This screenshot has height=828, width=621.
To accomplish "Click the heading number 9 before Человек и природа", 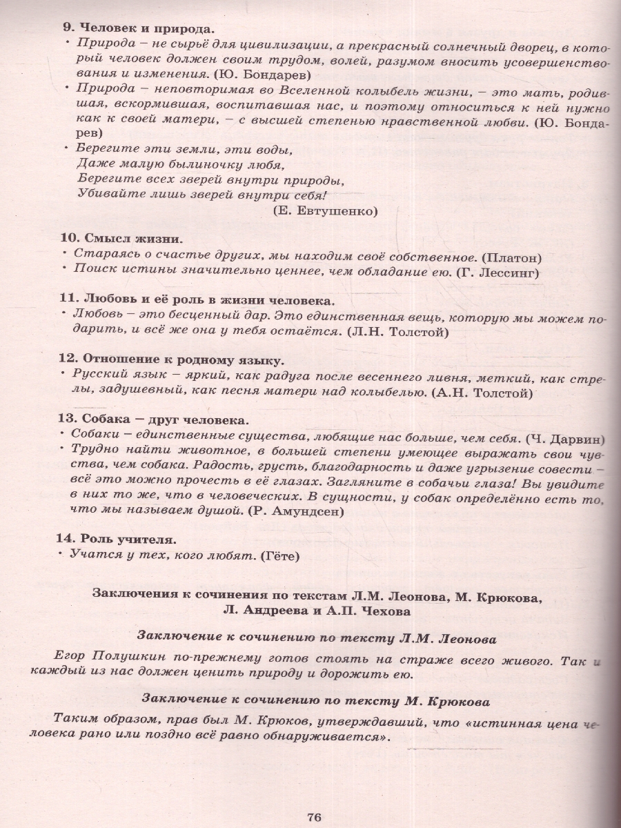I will (x=67, y=29).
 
